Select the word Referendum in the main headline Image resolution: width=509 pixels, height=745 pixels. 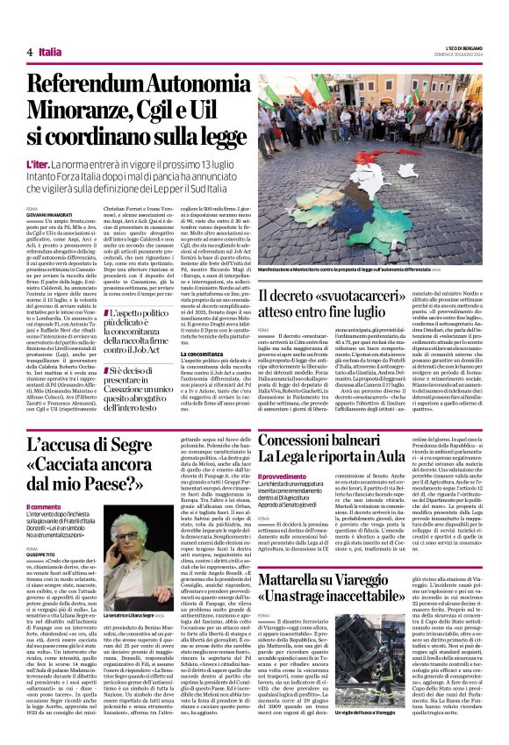click(92, 85)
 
